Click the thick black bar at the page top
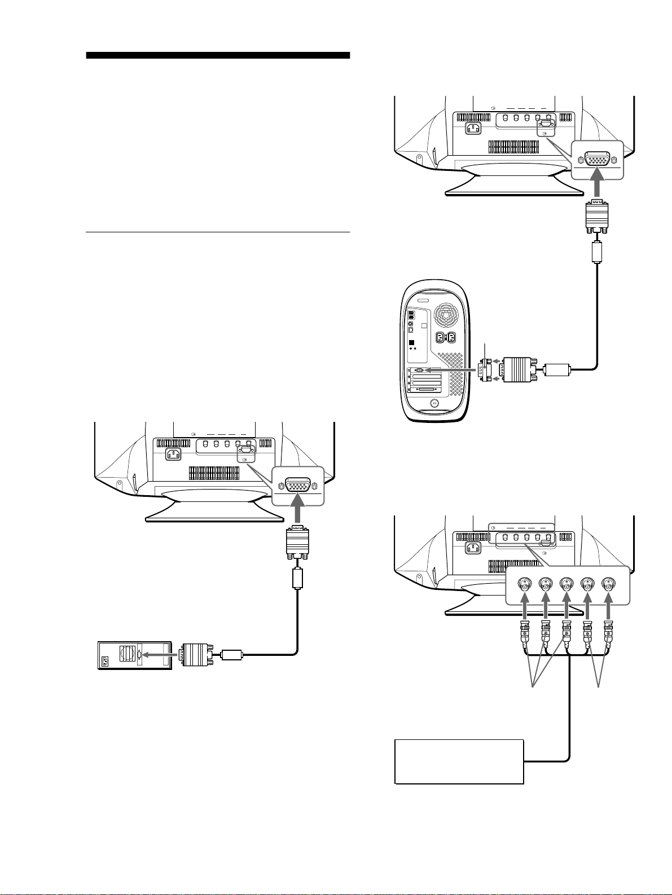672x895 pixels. point(218,56)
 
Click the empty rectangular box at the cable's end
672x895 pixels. point(459,761)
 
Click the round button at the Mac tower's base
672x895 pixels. point(434,403)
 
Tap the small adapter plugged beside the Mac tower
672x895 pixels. point(486,370)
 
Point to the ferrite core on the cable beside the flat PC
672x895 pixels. point(231,655)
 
